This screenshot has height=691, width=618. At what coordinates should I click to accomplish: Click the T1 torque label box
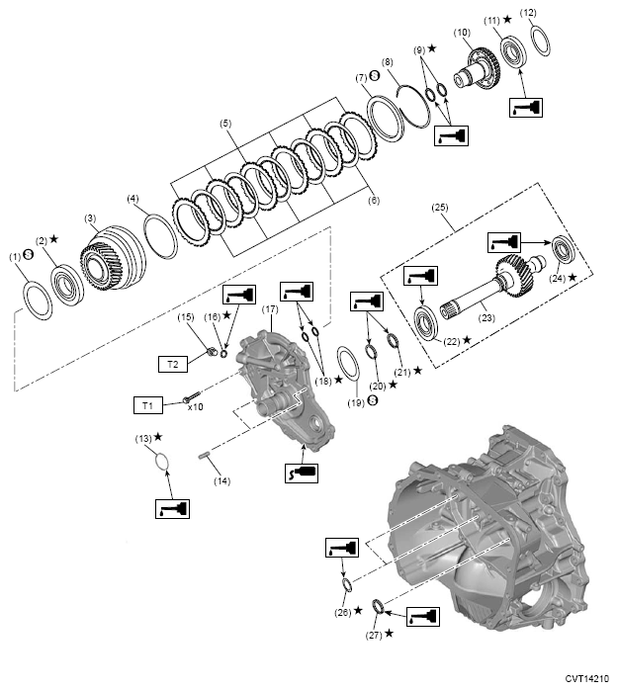pyautogui.click(x=148, y=404)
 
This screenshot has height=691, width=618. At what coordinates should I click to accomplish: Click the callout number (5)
pyautogui.click(x=225, y=124)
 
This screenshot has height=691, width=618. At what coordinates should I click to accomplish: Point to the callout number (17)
pyautogui.click(x=269, y=310)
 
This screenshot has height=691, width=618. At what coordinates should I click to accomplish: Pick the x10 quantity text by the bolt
pyautogui.click(x=195, y=405)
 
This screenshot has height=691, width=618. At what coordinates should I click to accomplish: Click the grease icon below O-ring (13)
pyautogui.click(x=170, y=510)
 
